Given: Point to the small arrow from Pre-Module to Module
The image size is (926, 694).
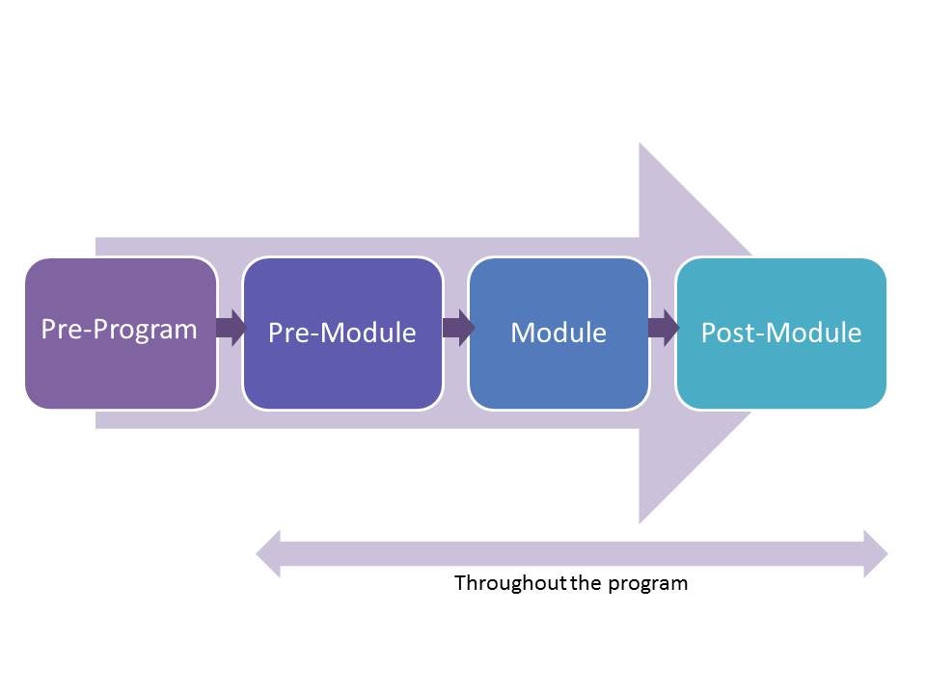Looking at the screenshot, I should point(457,328).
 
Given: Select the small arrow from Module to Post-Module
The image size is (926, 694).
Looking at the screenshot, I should point(664,328).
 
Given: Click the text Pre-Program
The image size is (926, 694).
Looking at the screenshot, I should point(119,329).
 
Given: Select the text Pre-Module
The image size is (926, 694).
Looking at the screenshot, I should point(341,333).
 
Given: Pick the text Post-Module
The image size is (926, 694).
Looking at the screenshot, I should point(780,333).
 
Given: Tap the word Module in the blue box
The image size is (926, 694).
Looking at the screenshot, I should point(558,333).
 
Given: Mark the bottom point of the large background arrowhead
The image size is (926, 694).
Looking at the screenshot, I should point(640,520).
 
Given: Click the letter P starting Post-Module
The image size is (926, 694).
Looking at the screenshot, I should point(708,333).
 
